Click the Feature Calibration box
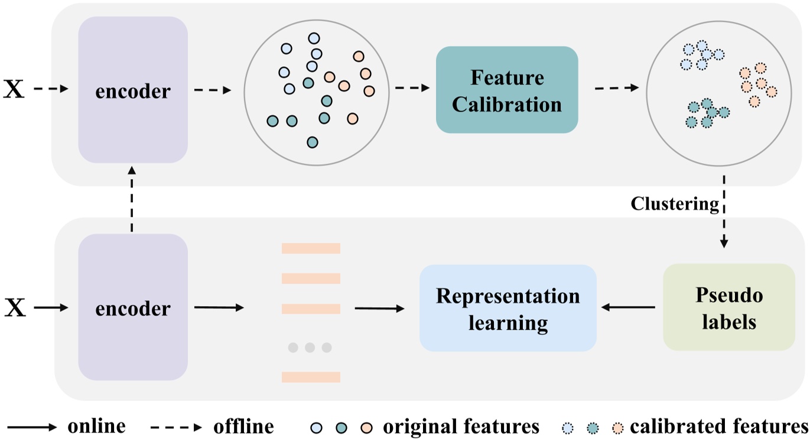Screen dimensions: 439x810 (506, 90)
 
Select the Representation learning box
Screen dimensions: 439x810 (508, 308)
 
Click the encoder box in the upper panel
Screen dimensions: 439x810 (133, 90)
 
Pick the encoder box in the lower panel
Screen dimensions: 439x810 (133, 307)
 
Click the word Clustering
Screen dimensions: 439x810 (675, 204)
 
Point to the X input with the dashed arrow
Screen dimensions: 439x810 (14, 90)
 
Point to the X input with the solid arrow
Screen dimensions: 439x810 (14, 308)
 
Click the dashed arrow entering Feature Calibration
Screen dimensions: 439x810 (412, 88)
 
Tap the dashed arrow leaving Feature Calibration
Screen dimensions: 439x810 (616, 88)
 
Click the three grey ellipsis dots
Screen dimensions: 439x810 (310, 347)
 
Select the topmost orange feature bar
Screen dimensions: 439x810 (311, 248)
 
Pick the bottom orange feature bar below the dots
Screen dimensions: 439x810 (311, 377)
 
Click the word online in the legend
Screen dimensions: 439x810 (96, 427)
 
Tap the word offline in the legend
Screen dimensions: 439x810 (243, 427)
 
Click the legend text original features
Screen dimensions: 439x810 (461, 427)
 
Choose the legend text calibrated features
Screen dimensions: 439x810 (718, 427)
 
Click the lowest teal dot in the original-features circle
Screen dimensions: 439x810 (313, 142)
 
